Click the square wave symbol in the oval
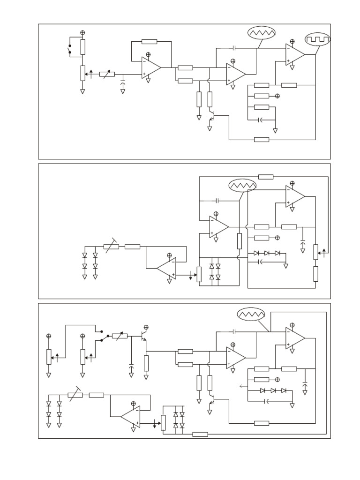317,40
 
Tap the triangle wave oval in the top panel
262,33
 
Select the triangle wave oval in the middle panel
243,186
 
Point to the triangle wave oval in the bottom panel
251,314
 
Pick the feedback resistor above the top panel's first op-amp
149,42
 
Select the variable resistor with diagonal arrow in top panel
107,74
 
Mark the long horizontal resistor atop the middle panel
266,177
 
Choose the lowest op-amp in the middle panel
167,269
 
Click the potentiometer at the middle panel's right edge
316,252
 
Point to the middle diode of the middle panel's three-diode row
267,253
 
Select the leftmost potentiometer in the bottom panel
49,356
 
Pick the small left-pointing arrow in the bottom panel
242,386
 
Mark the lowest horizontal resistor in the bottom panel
200,434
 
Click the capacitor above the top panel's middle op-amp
233,48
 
